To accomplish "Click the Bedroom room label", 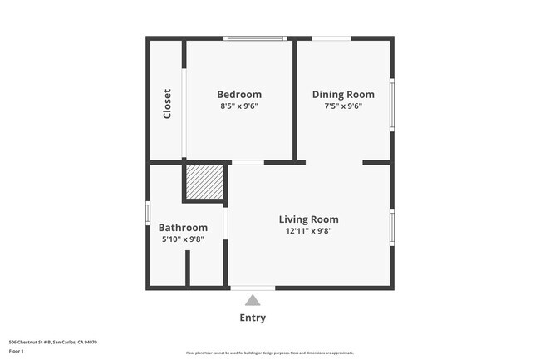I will point(239,95).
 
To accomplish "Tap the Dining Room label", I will point(343,95).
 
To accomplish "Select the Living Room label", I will point(308,219).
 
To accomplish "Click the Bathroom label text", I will point(183,228).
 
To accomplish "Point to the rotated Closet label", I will point(167,103).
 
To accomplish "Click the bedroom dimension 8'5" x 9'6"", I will point(239,106).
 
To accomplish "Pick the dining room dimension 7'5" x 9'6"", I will point(343,106).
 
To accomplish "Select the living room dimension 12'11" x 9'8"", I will point(308,231).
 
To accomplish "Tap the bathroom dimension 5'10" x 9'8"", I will point(183,239).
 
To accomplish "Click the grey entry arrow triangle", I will point(253,300).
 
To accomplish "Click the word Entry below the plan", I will point(253,318).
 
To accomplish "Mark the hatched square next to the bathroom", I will point(204,182).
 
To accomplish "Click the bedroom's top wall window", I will point(255,38).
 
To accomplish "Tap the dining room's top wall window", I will point(331,38).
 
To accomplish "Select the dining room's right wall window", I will point(391,105).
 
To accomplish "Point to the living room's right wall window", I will point(391,227).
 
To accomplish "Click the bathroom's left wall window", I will point(148,214).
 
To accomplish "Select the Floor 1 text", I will point(17,351).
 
